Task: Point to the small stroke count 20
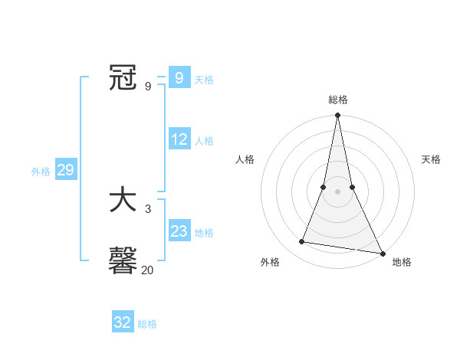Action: tap(147, 270)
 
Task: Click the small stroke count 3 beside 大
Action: tap(147, 208)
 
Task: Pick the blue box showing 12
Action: tap(179, 139)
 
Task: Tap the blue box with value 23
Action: tap(179, 231)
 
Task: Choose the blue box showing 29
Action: tap(65, 170)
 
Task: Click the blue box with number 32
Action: tap(123, 322)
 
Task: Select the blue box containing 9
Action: tap(179, 78)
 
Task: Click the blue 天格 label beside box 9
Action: tap(204, 80)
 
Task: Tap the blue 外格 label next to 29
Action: tap(41, 172)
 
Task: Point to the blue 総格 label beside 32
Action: tap(147, 324)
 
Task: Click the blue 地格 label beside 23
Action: tap(204, 233)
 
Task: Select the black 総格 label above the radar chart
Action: tap(337, 100)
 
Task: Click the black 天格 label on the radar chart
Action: tap(431, 159)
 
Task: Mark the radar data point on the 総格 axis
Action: tap(337, 116)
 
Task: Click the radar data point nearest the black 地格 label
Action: tap(382, 253)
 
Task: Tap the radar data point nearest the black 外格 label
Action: tap(302, 242)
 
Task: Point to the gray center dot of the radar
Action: tap(337, 191)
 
